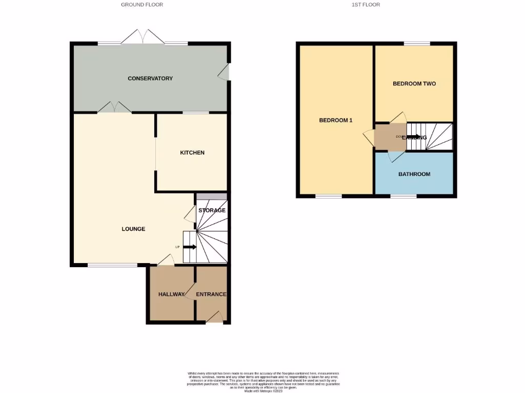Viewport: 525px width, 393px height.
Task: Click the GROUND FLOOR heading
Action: pyautogui.click(x=142, y=5)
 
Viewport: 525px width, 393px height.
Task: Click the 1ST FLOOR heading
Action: pyautogui.click(x=366, y=5)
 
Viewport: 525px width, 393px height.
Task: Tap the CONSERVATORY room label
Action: pyautogui.click(x=150, y=78)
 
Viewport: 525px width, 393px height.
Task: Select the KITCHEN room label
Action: pyautogui.click(x=192, y=152)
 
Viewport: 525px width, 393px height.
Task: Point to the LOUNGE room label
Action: pyautogui.click(x=133, y=229)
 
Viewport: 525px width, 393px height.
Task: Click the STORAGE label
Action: pyautogui.click(x=212, y=210)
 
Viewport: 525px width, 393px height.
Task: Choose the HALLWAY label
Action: pyautogui.click(x=171, y=294)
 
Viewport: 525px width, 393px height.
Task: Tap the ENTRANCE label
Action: pyautogui.click(x=211, y=294)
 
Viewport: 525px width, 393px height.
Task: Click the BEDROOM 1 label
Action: pyautogui.click(x=336, y=120)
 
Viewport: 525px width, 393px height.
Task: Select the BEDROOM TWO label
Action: pyautogui.click(x=414, y=83)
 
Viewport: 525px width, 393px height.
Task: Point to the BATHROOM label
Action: pyautogui.click(x=414, y=174)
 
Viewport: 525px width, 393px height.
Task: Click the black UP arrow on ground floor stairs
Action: pyautogui.click(x=190, y=247)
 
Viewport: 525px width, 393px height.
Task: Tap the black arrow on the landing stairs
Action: pyautogui.click(x=412, y=137)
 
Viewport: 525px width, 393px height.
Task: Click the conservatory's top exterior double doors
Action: pyautogui.click(x=143, y=37)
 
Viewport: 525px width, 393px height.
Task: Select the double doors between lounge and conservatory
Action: pyautogui.click(x=114, y=107)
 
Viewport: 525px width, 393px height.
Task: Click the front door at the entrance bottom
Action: pyautogui.click(x=215, y=318)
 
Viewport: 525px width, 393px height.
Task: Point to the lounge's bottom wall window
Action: pyautogui.click(x=112, y=265)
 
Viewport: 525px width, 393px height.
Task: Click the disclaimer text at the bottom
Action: pyautogui.click(x=263, y=381)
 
